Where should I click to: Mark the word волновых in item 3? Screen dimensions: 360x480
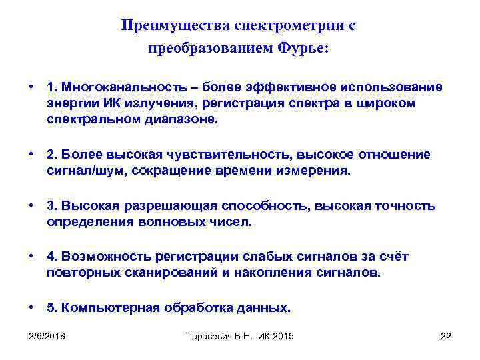(x=180, y=221)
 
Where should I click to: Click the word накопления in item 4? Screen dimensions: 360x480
(x=291, y=273)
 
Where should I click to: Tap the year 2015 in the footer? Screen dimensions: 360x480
(x=282, y=335)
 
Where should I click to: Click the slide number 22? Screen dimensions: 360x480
(x=446, y=335)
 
